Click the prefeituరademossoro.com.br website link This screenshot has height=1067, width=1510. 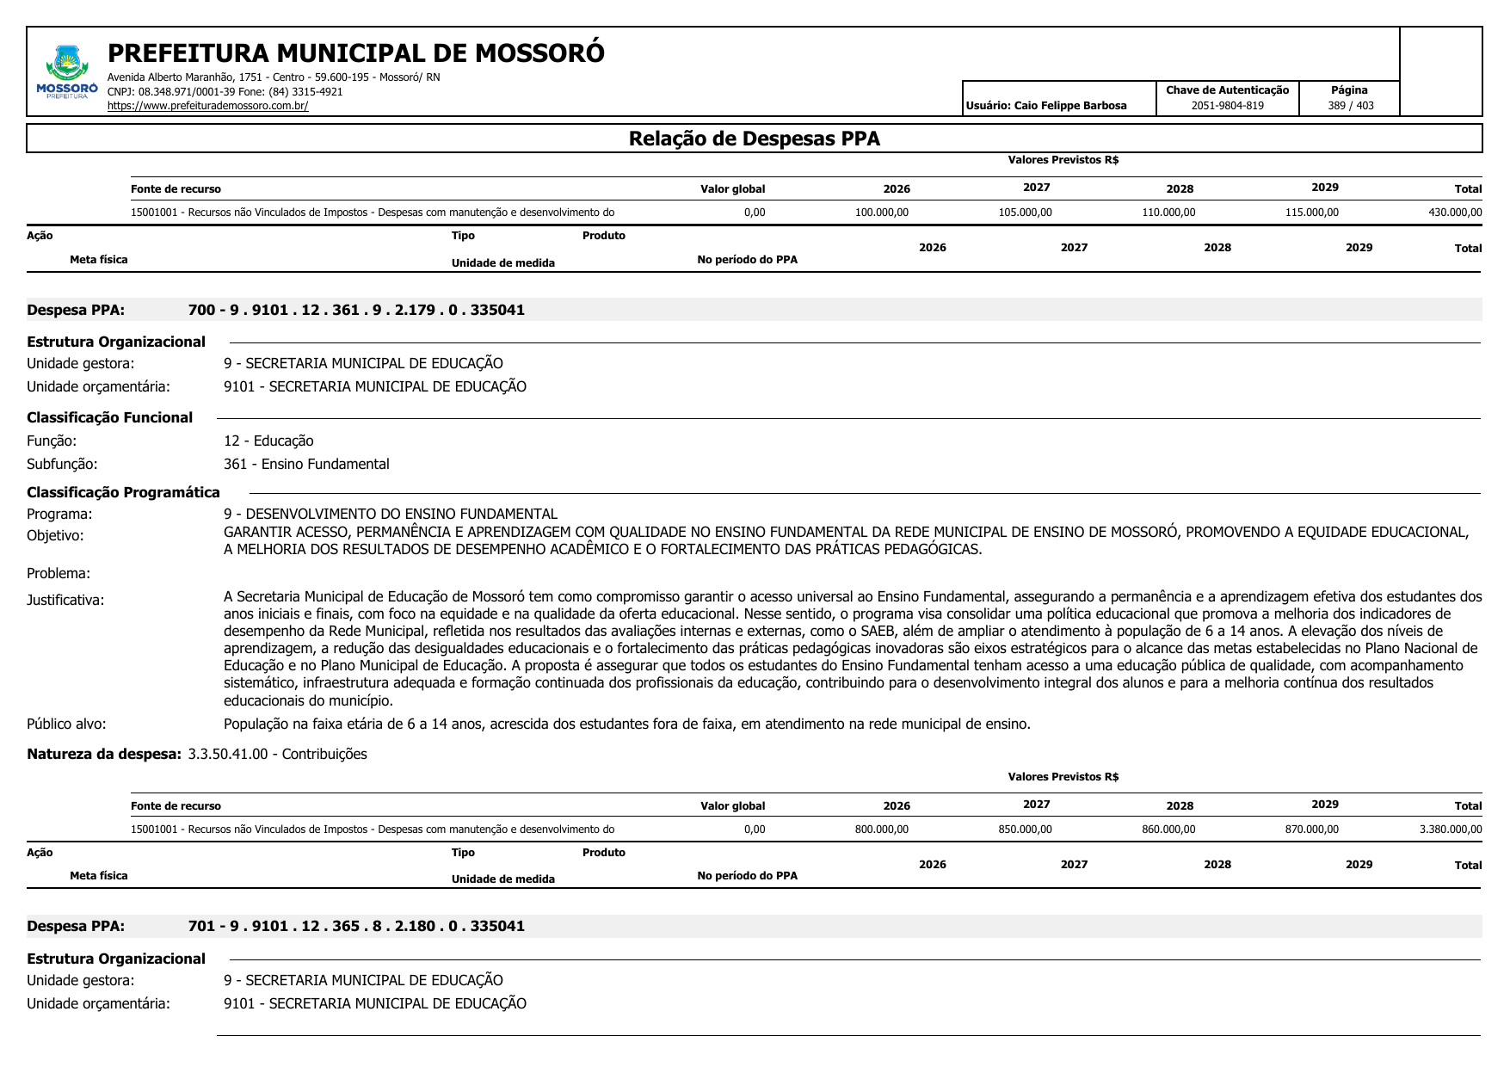(x=207, y=106)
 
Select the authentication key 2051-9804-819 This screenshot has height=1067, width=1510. (x=1227, y=106)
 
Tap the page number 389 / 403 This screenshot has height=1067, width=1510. (x=1350, y=106)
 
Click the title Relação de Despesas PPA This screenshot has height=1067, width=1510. (x=754, y=139)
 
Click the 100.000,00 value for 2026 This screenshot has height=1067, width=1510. (x=881, y=213)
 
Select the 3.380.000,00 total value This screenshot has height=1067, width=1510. (x=1451, y=830)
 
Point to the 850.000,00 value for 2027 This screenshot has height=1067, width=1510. (x=1025, y=830)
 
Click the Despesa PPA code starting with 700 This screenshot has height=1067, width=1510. (x=356, y=310)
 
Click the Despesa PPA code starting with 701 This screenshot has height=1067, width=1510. (x=356, y=926)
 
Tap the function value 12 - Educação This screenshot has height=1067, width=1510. (x=268, y=441)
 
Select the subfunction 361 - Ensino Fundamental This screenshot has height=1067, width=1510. (x=306, y=464)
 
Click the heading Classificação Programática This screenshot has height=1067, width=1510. (x=123, y=492)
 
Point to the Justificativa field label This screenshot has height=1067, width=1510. (x=65, y=600)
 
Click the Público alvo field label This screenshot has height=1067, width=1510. (x=66, y=724)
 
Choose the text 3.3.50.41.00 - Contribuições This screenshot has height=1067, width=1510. (x=277, y=754)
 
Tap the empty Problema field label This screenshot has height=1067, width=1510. (x=59, y=573)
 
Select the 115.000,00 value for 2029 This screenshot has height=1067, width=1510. (x=1311, y=213)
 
